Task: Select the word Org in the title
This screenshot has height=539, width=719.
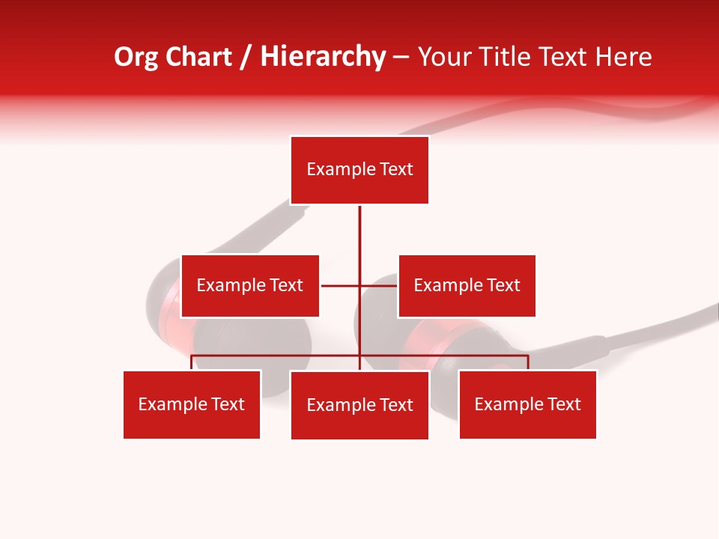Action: tap(136, 57)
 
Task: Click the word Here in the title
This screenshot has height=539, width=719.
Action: tap(624, 57)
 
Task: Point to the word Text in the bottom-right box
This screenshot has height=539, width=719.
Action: tap(564, 405)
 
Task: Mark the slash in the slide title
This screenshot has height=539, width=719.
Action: tap(246, 58)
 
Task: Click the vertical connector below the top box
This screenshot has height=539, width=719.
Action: tap(359, 240)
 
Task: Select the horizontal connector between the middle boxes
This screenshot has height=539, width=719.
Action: tap(341, 286)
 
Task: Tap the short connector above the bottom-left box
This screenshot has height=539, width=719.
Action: tap(192, 362)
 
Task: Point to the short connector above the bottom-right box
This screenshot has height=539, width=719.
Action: tap(528, 362)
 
